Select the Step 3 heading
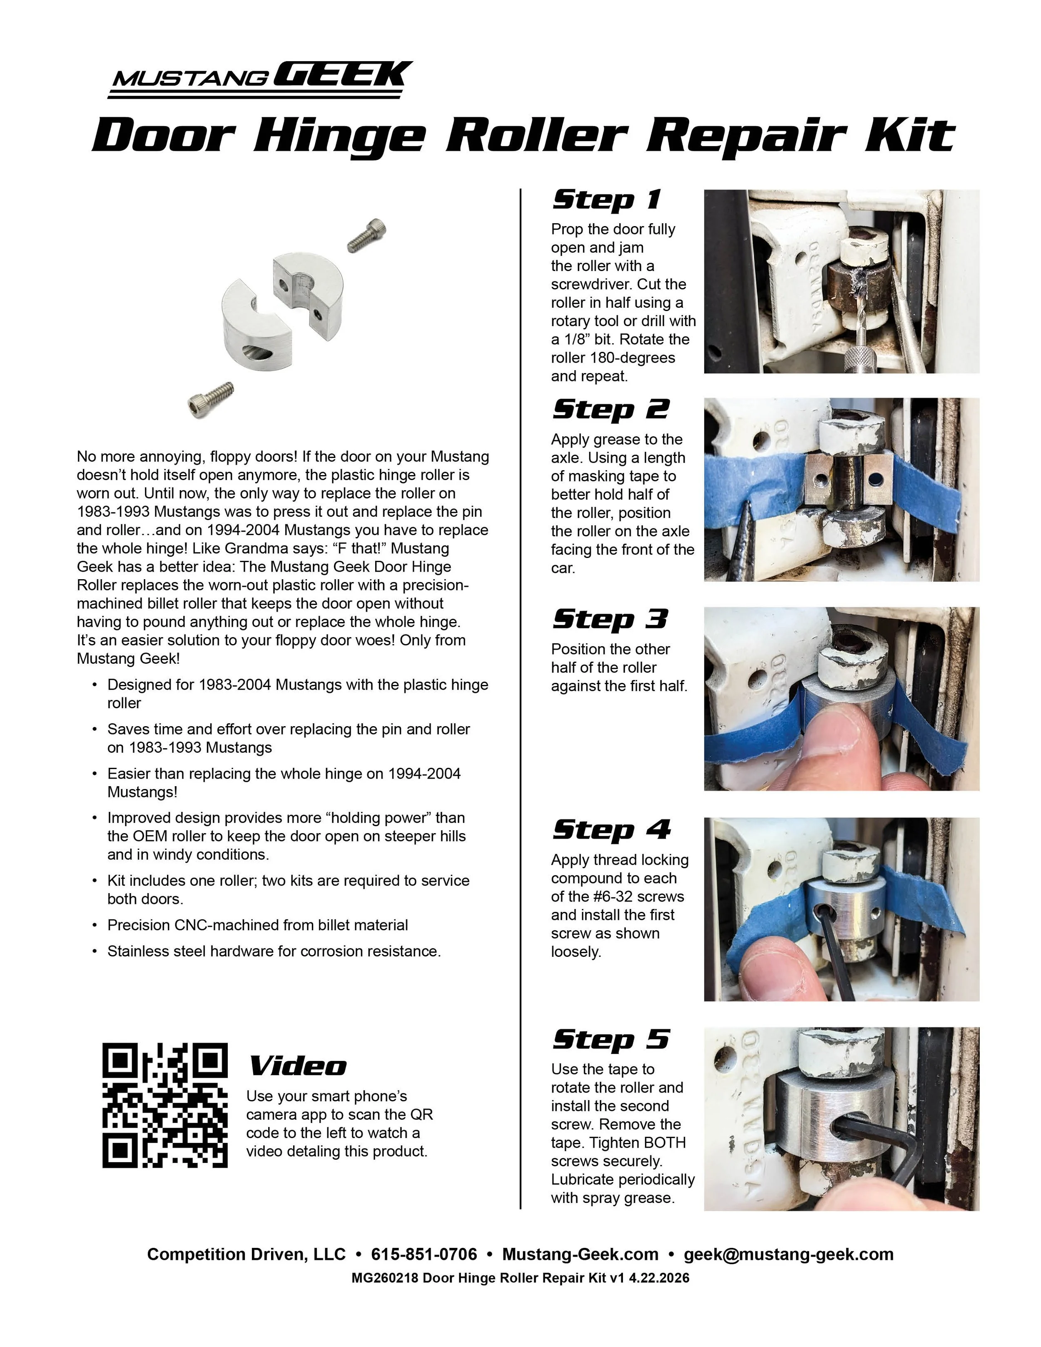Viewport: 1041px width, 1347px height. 609,619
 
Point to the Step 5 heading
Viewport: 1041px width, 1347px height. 610,1039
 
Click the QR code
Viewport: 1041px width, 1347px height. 164,1105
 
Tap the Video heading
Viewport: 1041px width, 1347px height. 297,1066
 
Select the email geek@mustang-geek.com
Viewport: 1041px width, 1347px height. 788,1255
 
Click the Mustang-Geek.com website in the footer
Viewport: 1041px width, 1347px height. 580,1255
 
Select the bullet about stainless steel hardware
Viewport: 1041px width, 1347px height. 274,951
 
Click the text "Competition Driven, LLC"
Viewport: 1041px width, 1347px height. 246,1255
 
